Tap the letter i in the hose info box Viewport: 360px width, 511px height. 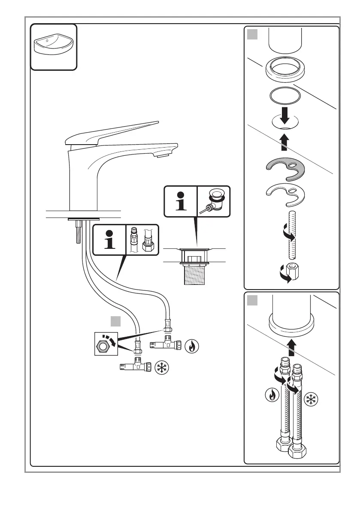click(x=110, y=240)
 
